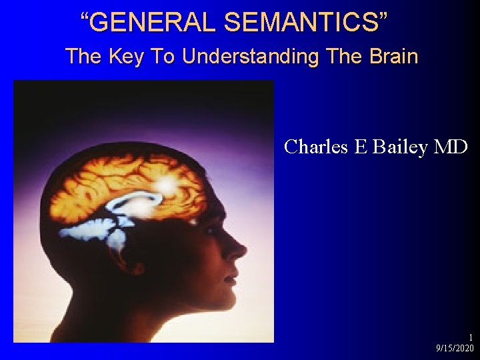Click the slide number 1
pyautogui.click(x=471, y=338)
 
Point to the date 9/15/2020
pyautogui.click(x=455, y=349)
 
